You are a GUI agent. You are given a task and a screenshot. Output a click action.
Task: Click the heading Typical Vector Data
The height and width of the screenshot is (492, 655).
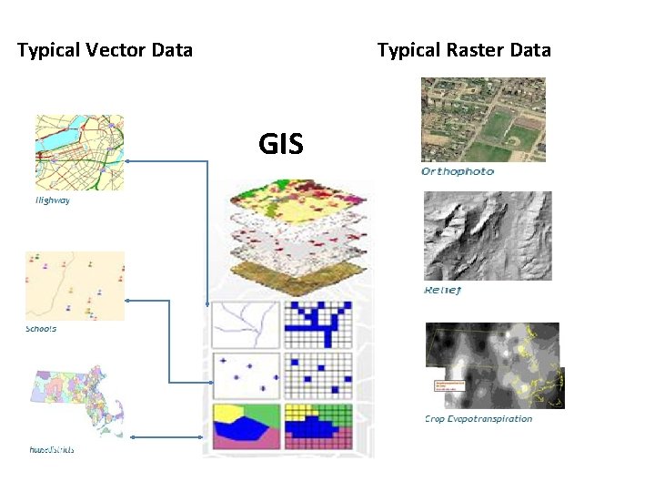pyautogui.click(x=105, y=50)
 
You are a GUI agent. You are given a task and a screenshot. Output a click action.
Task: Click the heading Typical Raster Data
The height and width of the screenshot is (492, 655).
pyautogui.click(x=464, y=50)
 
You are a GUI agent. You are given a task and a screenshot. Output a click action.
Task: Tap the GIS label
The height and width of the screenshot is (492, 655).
pyautogui.click(x=280, y=143)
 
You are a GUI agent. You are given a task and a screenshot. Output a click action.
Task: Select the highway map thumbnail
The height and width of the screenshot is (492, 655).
pyautogui.click(x=79, y=152)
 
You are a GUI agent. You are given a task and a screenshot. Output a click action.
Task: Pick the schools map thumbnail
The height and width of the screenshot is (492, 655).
pyautogui.click(x=75, y=285)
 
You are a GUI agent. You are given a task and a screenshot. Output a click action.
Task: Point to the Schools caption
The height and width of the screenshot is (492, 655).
pyautogui.click(x=41, y=329)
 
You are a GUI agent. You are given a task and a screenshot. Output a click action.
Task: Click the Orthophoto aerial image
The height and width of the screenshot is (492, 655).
pyautogui.click(x=483, y=119)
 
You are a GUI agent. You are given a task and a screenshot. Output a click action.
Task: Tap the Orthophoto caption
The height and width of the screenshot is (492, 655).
pyautogui.click(x=458, y=171)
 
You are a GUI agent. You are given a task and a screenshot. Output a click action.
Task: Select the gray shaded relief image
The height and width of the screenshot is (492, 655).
pyautogui.click(x=487, y=235)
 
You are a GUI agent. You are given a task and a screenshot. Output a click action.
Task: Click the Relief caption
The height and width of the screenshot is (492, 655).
pyautogui.click(x=443, y=290)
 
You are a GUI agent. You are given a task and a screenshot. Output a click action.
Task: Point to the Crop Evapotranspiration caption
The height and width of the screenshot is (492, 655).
pyautogui.click(x=479, y=419)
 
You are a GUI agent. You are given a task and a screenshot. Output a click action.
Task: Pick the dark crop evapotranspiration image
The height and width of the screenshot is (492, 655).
pyautogui.click(x=491, y=364)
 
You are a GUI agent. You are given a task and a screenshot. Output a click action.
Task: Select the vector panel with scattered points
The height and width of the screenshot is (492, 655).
pyautogui.click(x=244, y=374)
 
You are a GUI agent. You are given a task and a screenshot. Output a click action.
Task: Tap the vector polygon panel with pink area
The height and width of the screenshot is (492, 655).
pyautogui.click(x=244, y=425)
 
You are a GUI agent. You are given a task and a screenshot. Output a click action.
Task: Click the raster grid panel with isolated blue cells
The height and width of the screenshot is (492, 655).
pyautogui.click(x=317, y=374)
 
